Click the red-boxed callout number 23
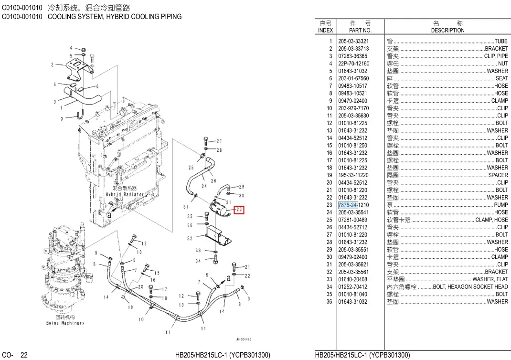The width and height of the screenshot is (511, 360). (239, 210)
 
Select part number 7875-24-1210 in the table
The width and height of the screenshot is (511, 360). (353, 205)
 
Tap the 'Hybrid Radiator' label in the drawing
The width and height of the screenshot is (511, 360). (124, 195)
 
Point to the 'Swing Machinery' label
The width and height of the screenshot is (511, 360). (65, 323)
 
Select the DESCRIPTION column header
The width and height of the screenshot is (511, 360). (447, 30)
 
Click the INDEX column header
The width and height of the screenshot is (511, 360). (325, 30)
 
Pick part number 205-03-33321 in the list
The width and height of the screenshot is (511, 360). (353, 41)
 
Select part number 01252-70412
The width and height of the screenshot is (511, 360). (353, 287)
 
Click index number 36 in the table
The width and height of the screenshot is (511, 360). (329, 302)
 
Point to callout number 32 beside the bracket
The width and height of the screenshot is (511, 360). (190, 238)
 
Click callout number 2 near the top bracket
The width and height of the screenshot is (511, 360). (52, 65)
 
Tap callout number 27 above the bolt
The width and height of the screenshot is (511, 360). (219, 141)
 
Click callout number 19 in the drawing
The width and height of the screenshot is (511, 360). (130, 307)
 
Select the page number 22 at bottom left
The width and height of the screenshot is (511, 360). (24, 355)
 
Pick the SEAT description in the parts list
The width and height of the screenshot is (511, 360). (501, 78)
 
